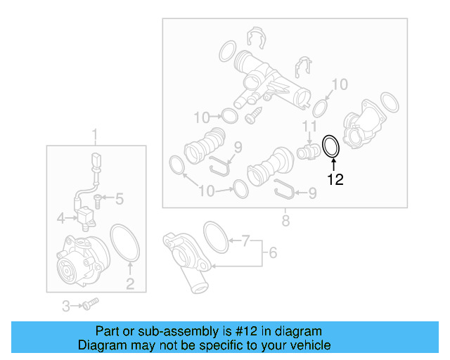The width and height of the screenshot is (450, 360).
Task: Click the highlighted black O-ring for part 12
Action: [x=330, y=146]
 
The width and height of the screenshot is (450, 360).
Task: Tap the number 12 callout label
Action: [x=335, y=179]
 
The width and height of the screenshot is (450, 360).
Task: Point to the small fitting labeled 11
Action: [x=307, y=150]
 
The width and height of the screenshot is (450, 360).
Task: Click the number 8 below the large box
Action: [x=285, y=221]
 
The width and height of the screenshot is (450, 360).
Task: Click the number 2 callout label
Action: [x=130, y=284]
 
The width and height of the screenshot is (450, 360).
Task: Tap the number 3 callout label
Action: [x=66, y=305]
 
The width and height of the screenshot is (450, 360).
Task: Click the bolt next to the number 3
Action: [x=89, y=304]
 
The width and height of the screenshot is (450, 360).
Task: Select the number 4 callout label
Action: [x=61, y=218]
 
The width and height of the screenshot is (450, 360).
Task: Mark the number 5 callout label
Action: [x=120, y=200]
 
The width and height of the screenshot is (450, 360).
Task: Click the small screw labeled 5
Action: [x=99, y=200]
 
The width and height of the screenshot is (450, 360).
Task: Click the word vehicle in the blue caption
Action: [x=310, y=345]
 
